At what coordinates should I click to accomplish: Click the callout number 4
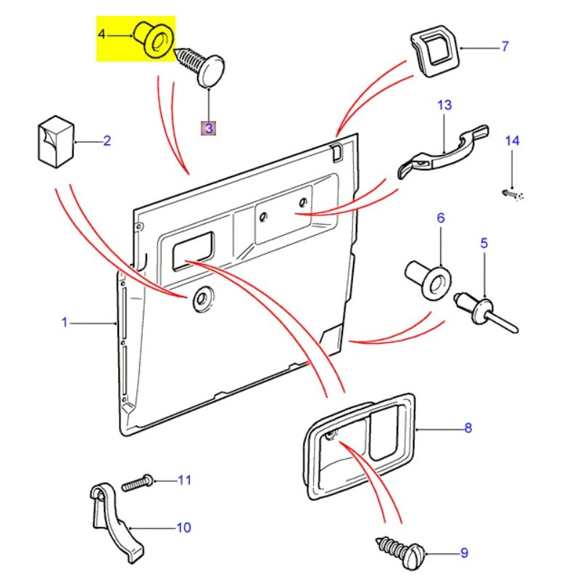pyautogui.click(x=102, y=34)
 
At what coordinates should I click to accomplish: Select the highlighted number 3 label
pyautogui.click(x=208, y=128)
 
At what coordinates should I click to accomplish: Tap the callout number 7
pyautogui.click(x=505, y=47)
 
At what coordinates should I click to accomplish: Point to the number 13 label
pyautogui.click(x=444, y=105)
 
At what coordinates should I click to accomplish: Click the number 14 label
pyautogui.click(x=512, y=141)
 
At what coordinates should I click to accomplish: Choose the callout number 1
pyautogui.click(x=64, y=321)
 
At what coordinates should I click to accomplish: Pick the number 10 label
pyautogui.click(x=183, y=527)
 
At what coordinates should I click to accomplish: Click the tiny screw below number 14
pyautogui.click(x=511, y=194)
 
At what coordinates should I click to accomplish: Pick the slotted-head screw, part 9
pyautogui.click(x=403, y=550)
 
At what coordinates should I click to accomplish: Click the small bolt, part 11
pyautogui.click(x=138, y=482)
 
